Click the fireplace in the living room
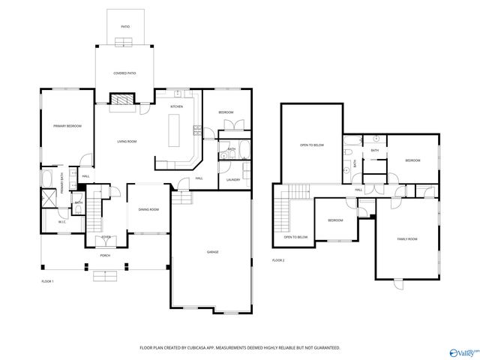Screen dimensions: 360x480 coord(121,99)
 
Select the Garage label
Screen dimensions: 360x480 coord(213,253)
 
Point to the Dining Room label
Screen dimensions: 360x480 coord(148,209)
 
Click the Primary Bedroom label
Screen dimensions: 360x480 coord(67,126)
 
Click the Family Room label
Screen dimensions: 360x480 coord(407,238)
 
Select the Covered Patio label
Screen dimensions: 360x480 coord(124,73)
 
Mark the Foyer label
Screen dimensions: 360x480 coord(106,237)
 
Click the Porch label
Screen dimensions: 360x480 coord(106,255)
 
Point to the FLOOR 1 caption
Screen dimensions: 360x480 coord(47,280)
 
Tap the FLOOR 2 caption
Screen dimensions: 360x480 coord(278,260)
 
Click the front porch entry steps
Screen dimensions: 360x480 coord(106,275)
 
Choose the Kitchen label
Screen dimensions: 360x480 coord(176,106)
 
